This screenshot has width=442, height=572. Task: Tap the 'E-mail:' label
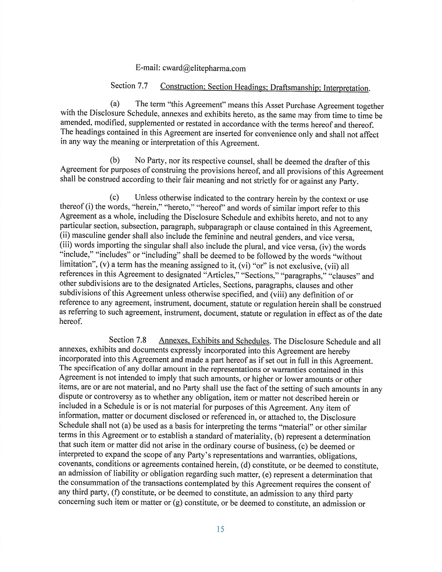tap(148, 68)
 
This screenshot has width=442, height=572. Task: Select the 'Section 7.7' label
tap(129, 86)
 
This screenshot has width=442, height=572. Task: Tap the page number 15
tap(220, 529)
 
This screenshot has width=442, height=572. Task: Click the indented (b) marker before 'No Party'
tap(115, 161)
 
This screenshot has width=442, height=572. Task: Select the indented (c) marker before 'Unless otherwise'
tap(115, 198)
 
